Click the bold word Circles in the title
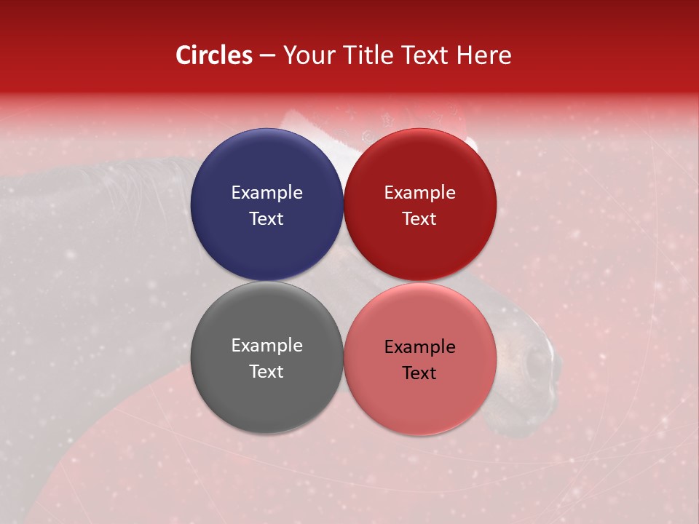click(214, 55)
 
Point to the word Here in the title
click(486, 55)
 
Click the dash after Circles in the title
click(267, 56)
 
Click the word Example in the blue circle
click(266, 192)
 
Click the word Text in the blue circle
click(266, 218)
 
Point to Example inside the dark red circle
click(420, 192)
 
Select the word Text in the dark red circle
click(420, 218)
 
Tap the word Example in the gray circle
click(266, 345)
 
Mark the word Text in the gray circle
click(266, 371)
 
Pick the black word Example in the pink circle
click(420, 346)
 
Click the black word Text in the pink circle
click(420, 373)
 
